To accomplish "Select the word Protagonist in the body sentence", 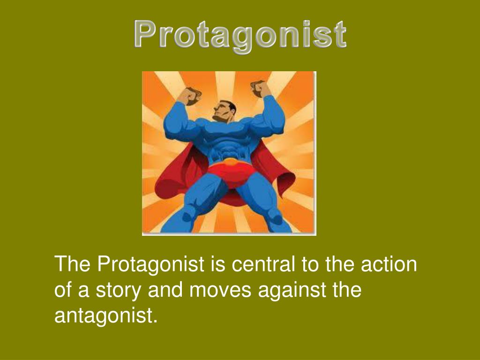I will tap(150, 264).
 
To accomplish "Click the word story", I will tap(119, 290).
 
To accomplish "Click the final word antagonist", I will tap(105, 315).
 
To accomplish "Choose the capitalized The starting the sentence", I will tap(73, 264).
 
